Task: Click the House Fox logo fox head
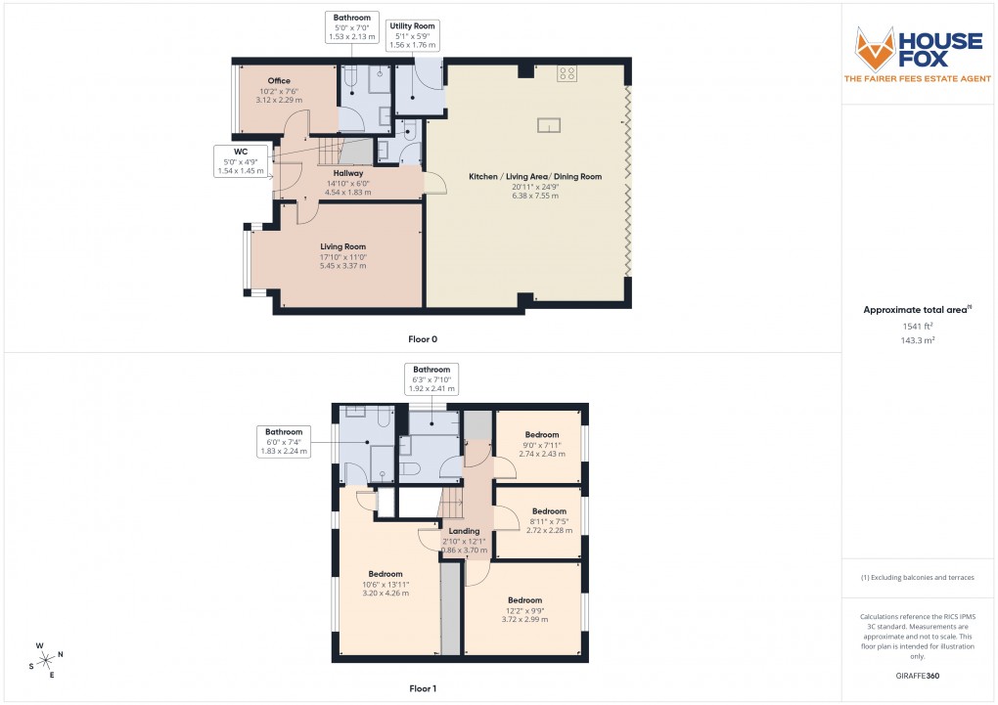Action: point(877,49)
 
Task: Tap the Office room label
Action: point(279,81)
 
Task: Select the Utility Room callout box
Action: point(412,35)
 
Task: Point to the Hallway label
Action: point(348,173)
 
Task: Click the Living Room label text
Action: point(342,246)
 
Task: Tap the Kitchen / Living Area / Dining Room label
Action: point(535,177)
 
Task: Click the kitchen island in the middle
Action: point(549,124)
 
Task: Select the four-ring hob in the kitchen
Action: point(567,72)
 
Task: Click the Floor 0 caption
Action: point(423,339)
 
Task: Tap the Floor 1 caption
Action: point(423,688)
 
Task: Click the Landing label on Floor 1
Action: point(464,532)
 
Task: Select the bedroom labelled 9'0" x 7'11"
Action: point(541,434)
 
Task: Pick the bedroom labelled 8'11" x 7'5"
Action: point(549,511)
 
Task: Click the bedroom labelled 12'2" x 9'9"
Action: point(524,600)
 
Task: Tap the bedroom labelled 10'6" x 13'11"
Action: point(386,574)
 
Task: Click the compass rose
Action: point(47,659)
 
